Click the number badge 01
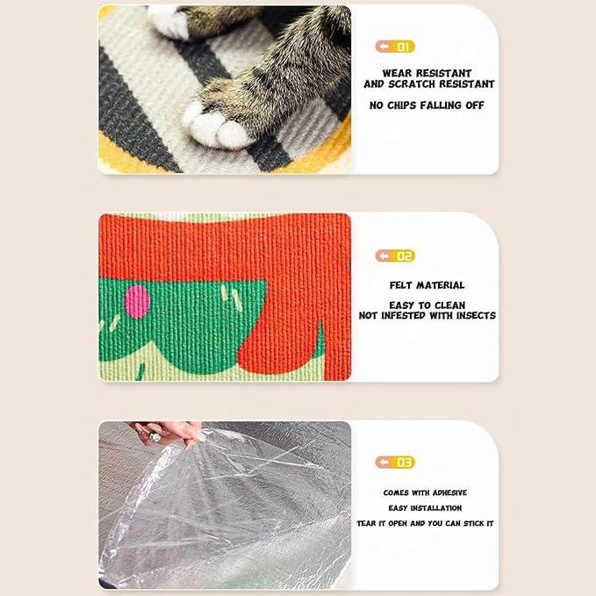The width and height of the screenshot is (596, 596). (x=395, y=47)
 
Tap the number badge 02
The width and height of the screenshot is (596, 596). (x=395, y=256)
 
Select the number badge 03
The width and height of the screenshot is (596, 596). (x=395, y=463)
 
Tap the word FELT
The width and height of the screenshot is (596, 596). (x=400, y=285)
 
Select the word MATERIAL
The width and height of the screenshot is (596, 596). (x=441, y=285)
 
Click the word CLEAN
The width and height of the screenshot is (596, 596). (x=450, y=305)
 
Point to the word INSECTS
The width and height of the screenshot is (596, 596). (x=476, y=315)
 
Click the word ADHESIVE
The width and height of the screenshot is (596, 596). (x=449, y=492)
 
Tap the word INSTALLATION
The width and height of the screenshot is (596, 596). (x=436, y=508)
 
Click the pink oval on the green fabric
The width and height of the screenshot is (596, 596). (x=137, y=301)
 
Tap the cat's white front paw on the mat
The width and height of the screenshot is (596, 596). (x=217, y=126)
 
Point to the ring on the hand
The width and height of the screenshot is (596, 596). (x=155, y=437)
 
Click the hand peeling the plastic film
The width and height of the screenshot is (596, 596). (x=168, y=434)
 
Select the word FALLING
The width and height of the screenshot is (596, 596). (x=441, y=105)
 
